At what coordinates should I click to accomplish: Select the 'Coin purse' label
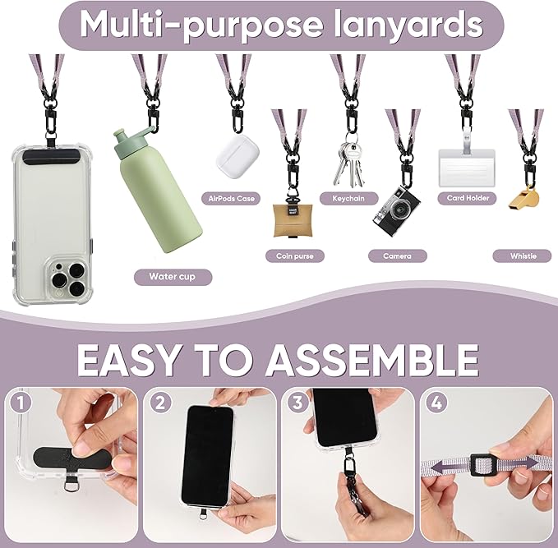295,256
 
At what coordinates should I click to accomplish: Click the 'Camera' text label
397,256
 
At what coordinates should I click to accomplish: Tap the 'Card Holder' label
468,198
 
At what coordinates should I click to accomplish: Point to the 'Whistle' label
523,256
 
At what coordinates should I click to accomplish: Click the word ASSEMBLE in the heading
360,359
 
